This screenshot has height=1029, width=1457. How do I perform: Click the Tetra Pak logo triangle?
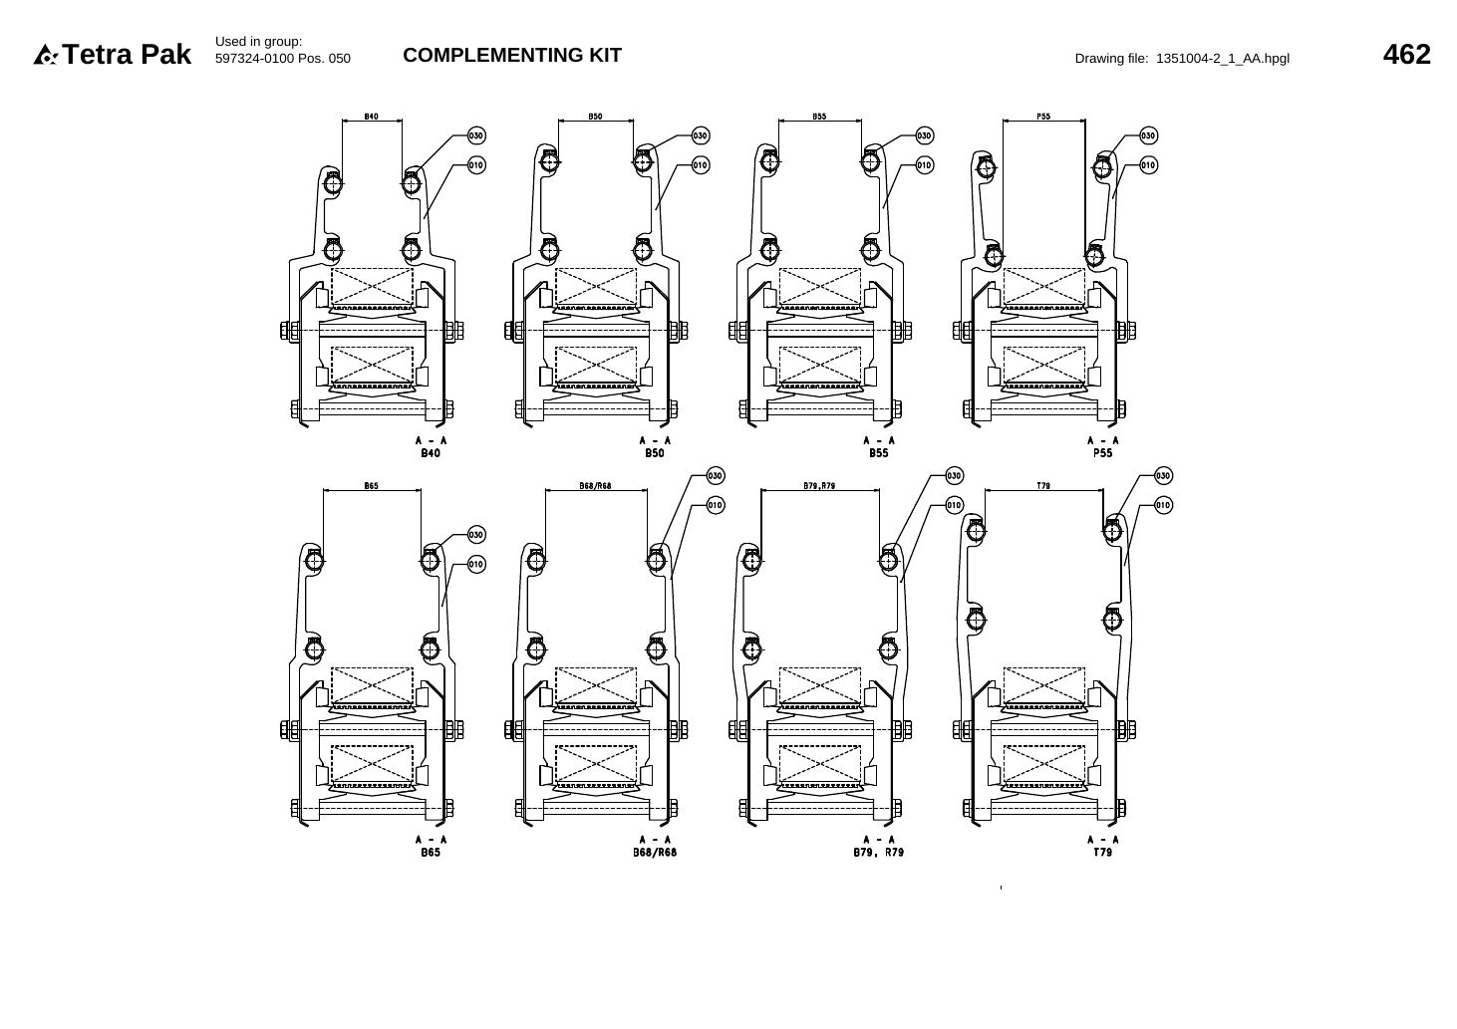45,55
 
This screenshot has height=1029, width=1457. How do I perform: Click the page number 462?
1406,55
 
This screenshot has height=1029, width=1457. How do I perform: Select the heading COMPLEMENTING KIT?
512,55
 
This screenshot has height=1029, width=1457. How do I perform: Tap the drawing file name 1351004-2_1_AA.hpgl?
1222,59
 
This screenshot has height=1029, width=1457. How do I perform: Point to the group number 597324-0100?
254,59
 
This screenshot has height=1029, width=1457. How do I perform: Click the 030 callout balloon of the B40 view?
476,135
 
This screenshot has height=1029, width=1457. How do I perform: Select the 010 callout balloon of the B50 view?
700,165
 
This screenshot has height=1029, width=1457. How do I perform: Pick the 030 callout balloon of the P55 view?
1148,135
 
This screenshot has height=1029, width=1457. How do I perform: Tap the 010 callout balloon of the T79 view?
1163,505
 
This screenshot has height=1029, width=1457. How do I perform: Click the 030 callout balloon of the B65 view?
476,535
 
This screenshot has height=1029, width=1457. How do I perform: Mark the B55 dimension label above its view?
819,117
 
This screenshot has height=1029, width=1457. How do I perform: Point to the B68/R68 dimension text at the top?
595,485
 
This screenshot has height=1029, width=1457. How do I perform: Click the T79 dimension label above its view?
1043,485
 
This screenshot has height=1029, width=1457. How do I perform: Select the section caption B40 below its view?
431,453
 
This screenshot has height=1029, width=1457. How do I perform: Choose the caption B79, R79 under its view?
879,853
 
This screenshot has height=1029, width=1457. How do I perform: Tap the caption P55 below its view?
1102,453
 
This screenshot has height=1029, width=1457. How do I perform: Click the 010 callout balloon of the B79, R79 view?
954,505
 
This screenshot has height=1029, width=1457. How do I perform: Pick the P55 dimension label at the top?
1043,117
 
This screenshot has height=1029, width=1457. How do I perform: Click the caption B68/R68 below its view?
655,853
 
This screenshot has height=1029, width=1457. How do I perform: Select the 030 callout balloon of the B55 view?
924,135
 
